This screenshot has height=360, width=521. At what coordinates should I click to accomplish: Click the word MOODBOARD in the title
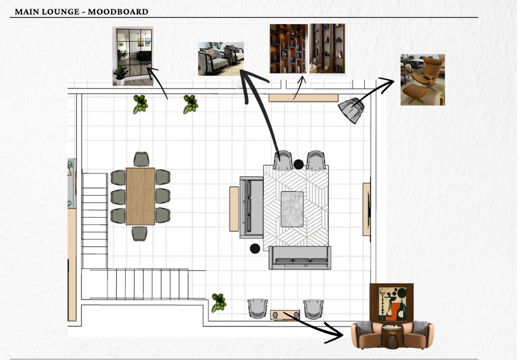[x=118, y=11]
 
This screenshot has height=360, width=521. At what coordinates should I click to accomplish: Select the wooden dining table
[x=140, y=196]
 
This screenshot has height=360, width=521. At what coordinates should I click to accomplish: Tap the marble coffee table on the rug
[x=292, y=209]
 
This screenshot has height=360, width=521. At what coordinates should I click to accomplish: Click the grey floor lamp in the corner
[x=352, y=110]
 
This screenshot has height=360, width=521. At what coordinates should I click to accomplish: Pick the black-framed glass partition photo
[x=133, y=56]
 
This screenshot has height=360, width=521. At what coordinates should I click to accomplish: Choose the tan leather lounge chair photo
[x=423, y=80]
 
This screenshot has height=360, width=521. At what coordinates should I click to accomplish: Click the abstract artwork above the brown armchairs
[x=392, y=304]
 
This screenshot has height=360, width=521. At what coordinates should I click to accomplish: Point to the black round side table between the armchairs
[x=298, y=164]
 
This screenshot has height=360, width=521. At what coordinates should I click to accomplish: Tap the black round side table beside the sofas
[x=255, y=249]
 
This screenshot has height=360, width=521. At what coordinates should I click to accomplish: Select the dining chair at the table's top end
[x=141, y=159]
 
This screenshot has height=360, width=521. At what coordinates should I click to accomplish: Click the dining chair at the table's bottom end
[x=140, y=234]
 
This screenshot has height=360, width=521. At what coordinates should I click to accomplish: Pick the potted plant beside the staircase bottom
[x=219, y=303]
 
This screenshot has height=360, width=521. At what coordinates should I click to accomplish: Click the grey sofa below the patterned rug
[x=300, y=258]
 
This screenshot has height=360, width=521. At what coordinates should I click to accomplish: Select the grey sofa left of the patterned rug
[x=252, y=207]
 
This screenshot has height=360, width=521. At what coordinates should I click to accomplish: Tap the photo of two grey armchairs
[x=221, y=59]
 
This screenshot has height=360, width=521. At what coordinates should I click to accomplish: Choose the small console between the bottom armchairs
[x=285, y=315]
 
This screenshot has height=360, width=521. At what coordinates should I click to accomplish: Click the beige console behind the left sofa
[x=234, y=209]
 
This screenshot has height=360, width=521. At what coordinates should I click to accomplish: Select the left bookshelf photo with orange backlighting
[x=289, y=48]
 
